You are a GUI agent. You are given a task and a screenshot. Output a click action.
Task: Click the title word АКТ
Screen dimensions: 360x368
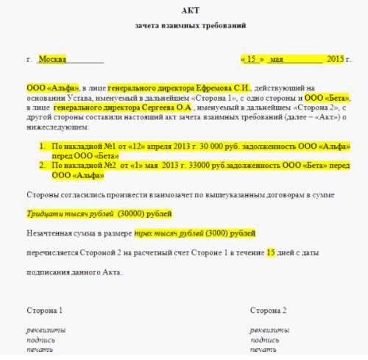[x=188, y=10]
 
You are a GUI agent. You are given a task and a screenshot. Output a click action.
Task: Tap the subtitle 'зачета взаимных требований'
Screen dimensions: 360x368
[x=190, y=26]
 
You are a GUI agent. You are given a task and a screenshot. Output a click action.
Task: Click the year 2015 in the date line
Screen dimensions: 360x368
[x=335, y=58]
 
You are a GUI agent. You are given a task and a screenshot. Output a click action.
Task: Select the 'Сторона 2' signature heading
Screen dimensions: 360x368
[x=268, y=310]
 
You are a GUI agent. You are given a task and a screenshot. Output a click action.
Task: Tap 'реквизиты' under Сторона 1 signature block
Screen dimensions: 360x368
[x=46, y=330]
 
